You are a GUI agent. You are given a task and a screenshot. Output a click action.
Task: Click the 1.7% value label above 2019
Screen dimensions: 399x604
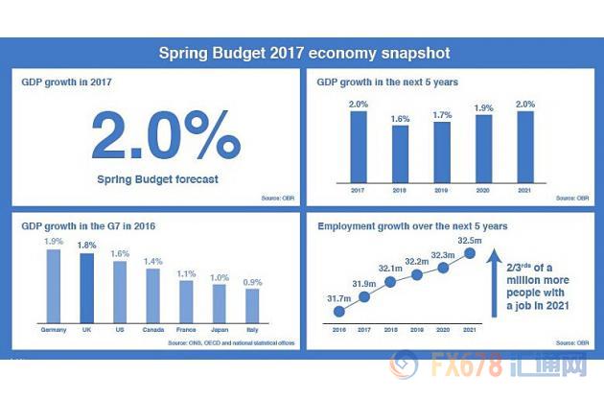point(442,116)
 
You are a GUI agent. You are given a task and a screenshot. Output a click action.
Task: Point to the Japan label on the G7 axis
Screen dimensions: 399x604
point(219,331)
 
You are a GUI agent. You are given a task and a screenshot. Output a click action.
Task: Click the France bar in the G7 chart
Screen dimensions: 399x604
point(186,299)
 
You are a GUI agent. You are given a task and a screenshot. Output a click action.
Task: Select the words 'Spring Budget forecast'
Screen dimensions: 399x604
point(159,178)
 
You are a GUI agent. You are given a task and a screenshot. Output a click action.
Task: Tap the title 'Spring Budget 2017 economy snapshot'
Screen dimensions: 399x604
point(303,52)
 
